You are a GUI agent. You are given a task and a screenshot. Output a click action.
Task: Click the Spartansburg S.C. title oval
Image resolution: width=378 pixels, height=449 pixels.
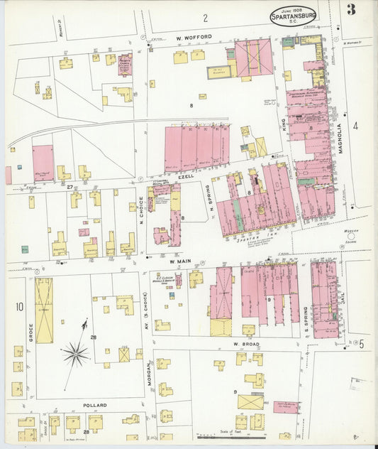pos(293,14)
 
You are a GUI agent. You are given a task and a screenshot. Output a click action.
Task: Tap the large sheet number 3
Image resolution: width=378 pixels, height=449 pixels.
pos(351,9)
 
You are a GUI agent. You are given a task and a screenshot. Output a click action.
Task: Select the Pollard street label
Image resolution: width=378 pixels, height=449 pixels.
pos(95,405)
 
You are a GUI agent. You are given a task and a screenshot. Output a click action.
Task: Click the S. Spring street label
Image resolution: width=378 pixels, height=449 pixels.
pos(305,317)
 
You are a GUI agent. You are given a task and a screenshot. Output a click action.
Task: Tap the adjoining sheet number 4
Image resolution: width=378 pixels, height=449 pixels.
pos(355,126)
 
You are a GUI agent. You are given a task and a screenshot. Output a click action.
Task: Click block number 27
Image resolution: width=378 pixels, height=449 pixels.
pos(70,186)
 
